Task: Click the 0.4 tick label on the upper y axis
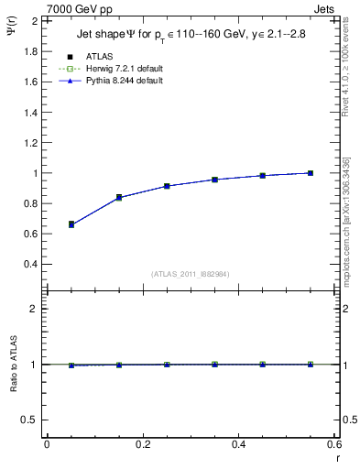30,264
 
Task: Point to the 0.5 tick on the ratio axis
30,420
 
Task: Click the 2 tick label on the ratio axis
33,309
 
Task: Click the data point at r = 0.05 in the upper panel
71,224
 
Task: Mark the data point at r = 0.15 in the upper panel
119,197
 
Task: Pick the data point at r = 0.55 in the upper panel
311,172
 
